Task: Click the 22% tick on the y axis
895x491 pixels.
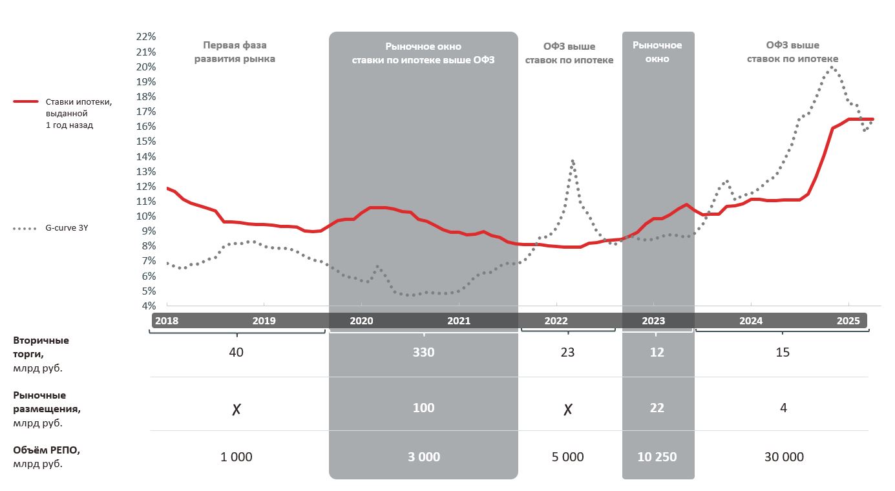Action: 146,37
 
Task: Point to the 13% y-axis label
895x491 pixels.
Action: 146,171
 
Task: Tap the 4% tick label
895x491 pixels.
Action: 149,306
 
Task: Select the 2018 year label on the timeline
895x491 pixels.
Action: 167,321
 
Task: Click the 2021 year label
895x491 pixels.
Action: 459,321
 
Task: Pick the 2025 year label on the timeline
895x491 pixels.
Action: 848,321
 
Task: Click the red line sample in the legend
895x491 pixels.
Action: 26,101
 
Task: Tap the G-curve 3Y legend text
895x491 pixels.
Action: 67,227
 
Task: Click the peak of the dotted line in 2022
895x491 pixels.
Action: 573,161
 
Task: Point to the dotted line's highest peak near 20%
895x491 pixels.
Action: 832,67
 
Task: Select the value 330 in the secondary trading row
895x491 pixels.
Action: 423,352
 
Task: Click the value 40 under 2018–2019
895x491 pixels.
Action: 236,352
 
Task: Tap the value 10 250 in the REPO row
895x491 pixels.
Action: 657,457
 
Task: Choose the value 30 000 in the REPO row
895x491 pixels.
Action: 784,457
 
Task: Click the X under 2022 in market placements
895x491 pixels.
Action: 568,409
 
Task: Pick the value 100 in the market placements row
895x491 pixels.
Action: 423,408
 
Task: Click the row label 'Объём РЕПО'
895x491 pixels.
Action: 47,450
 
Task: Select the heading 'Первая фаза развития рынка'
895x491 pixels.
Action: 235,52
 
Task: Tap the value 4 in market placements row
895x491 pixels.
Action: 783,408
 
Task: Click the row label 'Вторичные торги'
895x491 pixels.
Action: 41,347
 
